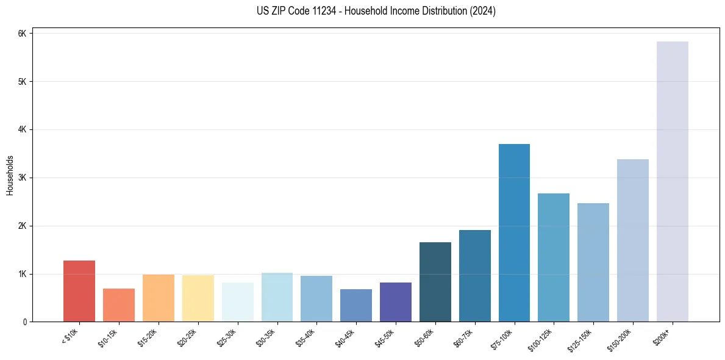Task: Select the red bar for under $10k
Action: [x=79, y=291]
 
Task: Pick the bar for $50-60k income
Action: [x=435, y=282]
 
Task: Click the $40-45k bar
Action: [x=356, y=306]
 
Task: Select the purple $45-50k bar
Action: [x=396, y=302]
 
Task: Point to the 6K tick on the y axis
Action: [x=22, y=34]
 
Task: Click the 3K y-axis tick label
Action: [x=22, y=178]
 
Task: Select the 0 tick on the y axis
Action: [x=24, y=322]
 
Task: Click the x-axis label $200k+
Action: [x=662, y=335]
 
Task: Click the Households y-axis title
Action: [x=10, y=175]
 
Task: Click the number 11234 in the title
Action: [x=334, y=11]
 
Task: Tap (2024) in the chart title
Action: [x=484, y=11]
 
